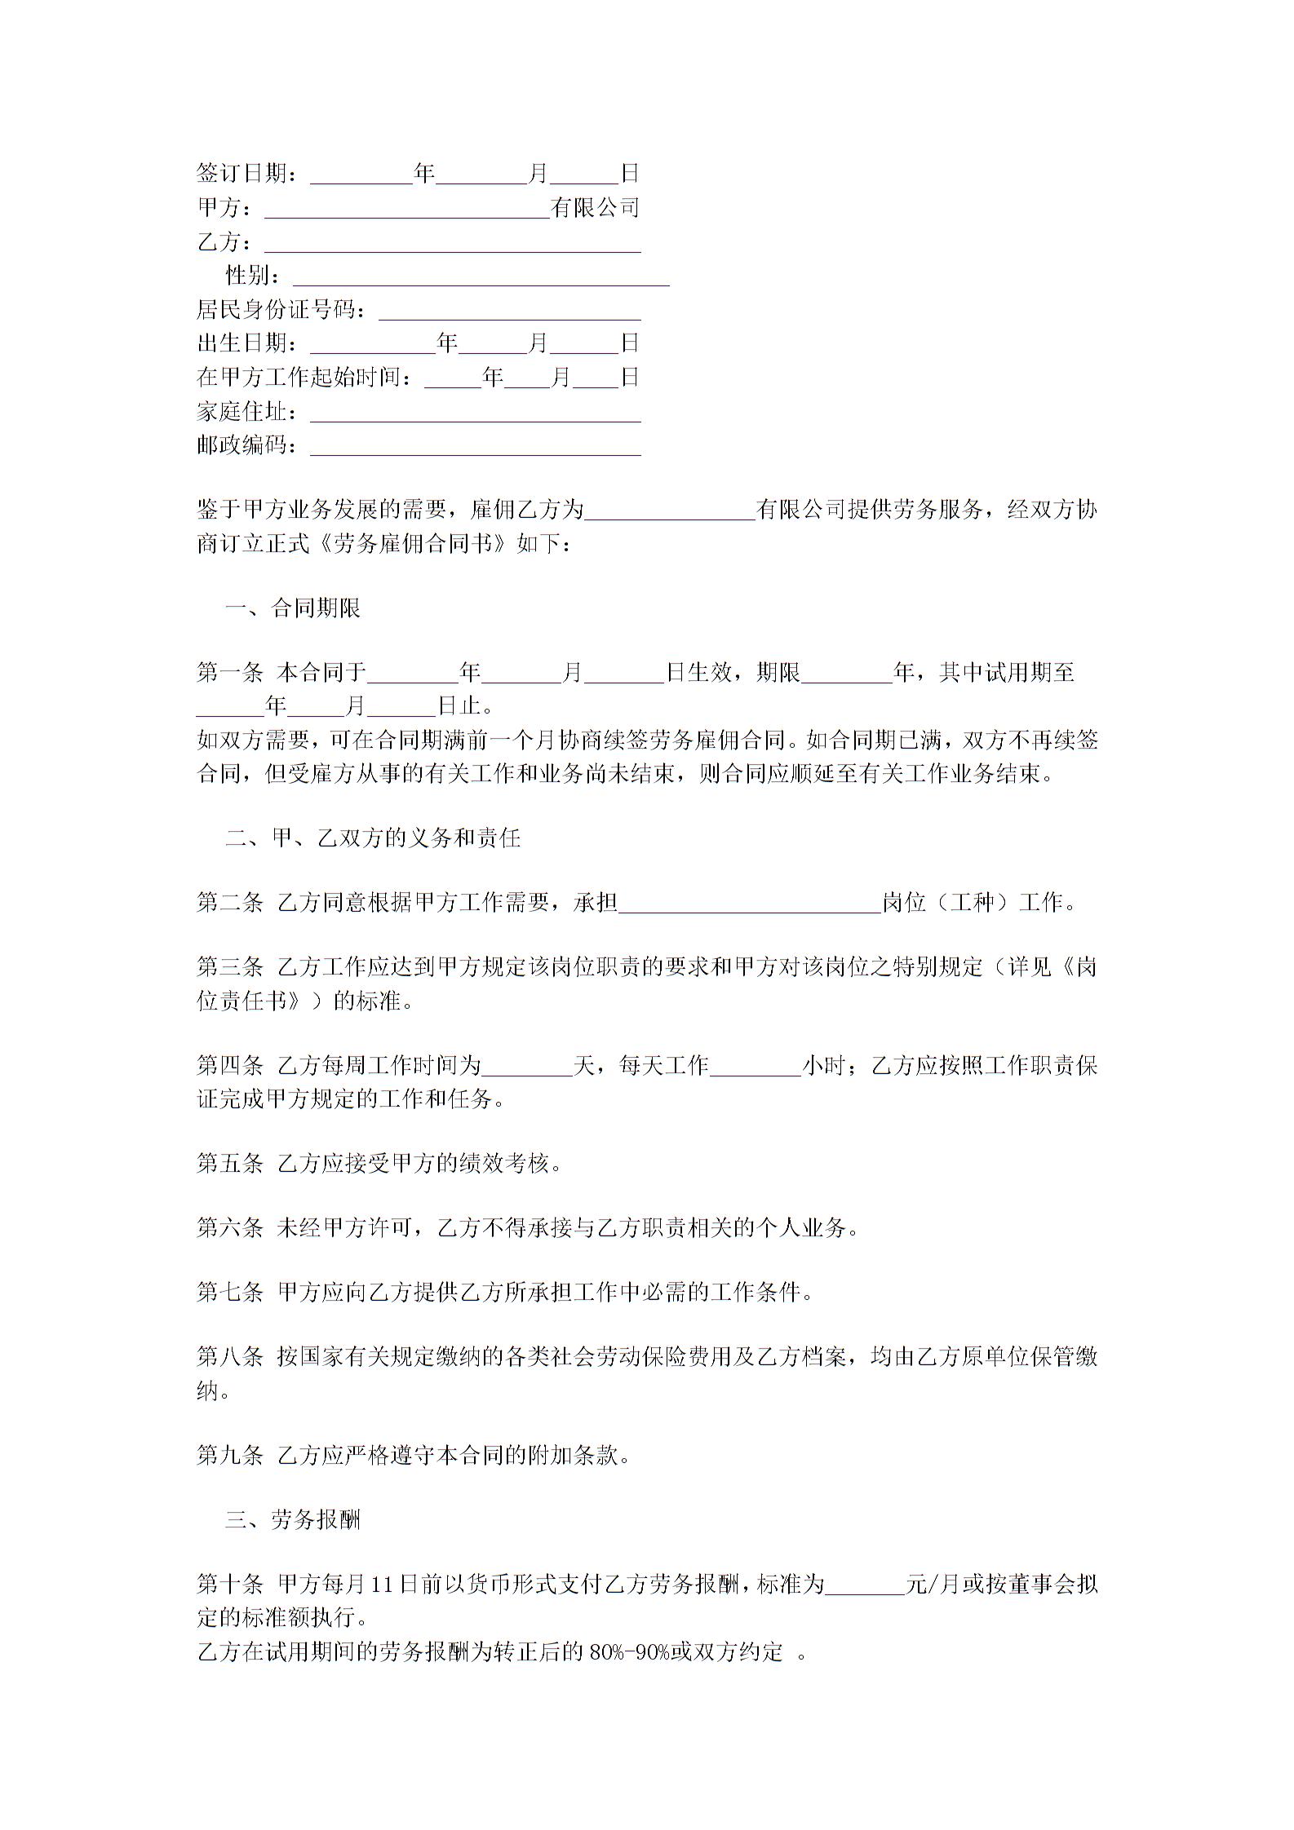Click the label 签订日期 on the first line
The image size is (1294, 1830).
[242, 174]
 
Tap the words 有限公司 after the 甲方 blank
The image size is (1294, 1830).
[595, 208]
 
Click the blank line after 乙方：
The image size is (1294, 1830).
[452, 245]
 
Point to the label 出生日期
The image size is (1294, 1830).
[242, 343]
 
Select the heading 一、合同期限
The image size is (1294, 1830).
[293, 608]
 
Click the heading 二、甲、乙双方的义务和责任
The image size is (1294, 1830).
[373, 838]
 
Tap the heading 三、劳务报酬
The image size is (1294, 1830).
[293, 1520]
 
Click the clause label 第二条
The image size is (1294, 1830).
[229, 903]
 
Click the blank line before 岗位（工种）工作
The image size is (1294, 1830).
[750, 904]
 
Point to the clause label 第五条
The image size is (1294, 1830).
[229, 1164]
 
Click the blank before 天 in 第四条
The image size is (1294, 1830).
[527, 1067]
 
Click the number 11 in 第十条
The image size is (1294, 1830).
[382, 1585]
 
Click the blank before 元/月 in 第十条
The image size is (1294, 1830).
[865, 1586]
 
